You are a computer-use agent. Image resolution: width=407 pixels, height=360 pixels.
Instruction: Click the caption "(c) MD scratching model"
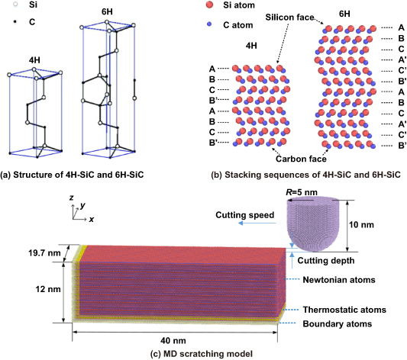pos(204,352)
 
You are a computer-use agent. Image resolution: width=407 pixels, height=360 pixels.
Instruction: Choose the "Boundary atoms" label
pos(337,323)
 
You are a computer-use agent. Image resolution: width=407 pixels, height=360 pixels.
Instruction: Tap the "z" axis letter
pos(71,197)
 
